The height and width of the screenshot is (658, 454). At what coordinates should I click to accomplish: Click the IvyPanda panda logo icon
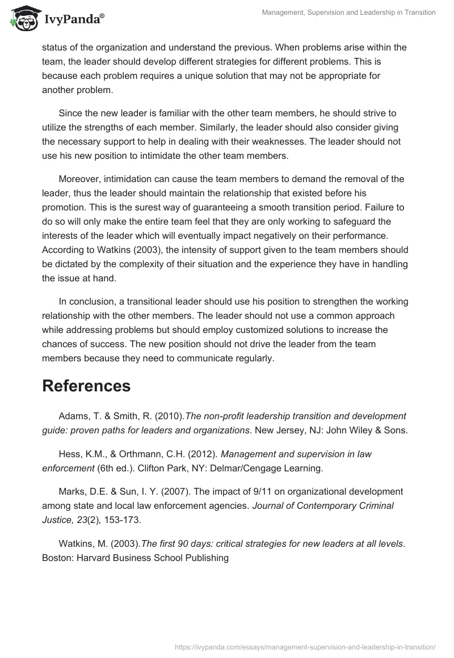23,18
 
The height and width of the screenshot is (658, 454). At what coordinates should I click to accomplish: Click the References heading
86,386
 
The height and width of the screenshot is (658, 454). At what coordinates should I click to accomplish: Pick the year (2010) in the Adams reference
170,416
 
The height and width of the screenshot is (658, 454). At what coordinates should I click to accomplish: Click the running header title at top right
348,12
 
